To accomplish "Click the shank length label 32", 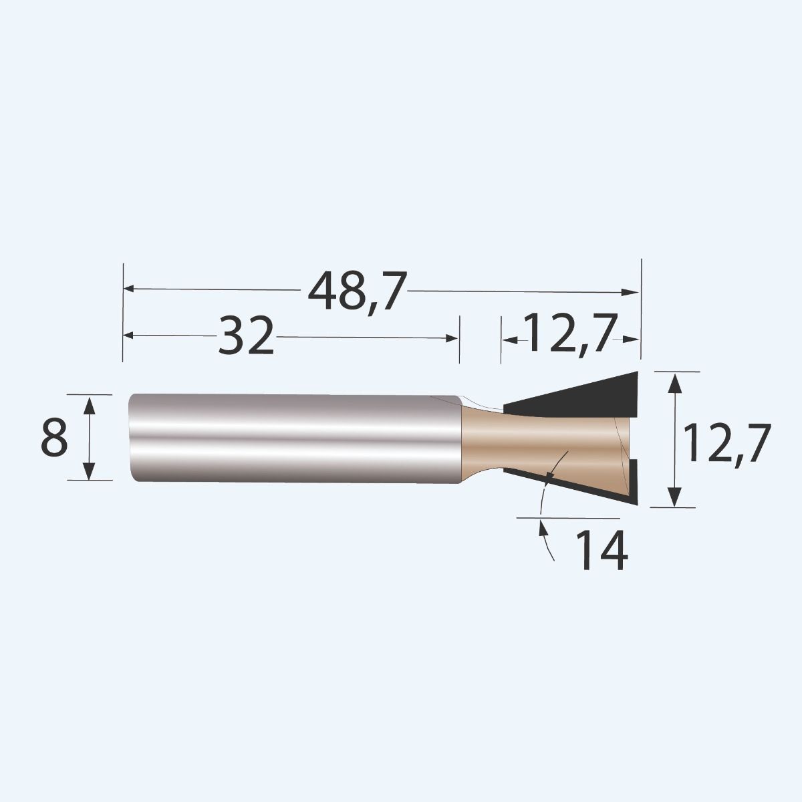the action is pos(247,336).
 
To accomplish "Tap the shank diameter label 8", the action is pos(54,437).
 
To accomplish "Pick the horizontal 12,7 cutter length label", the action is pos(568,333).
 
